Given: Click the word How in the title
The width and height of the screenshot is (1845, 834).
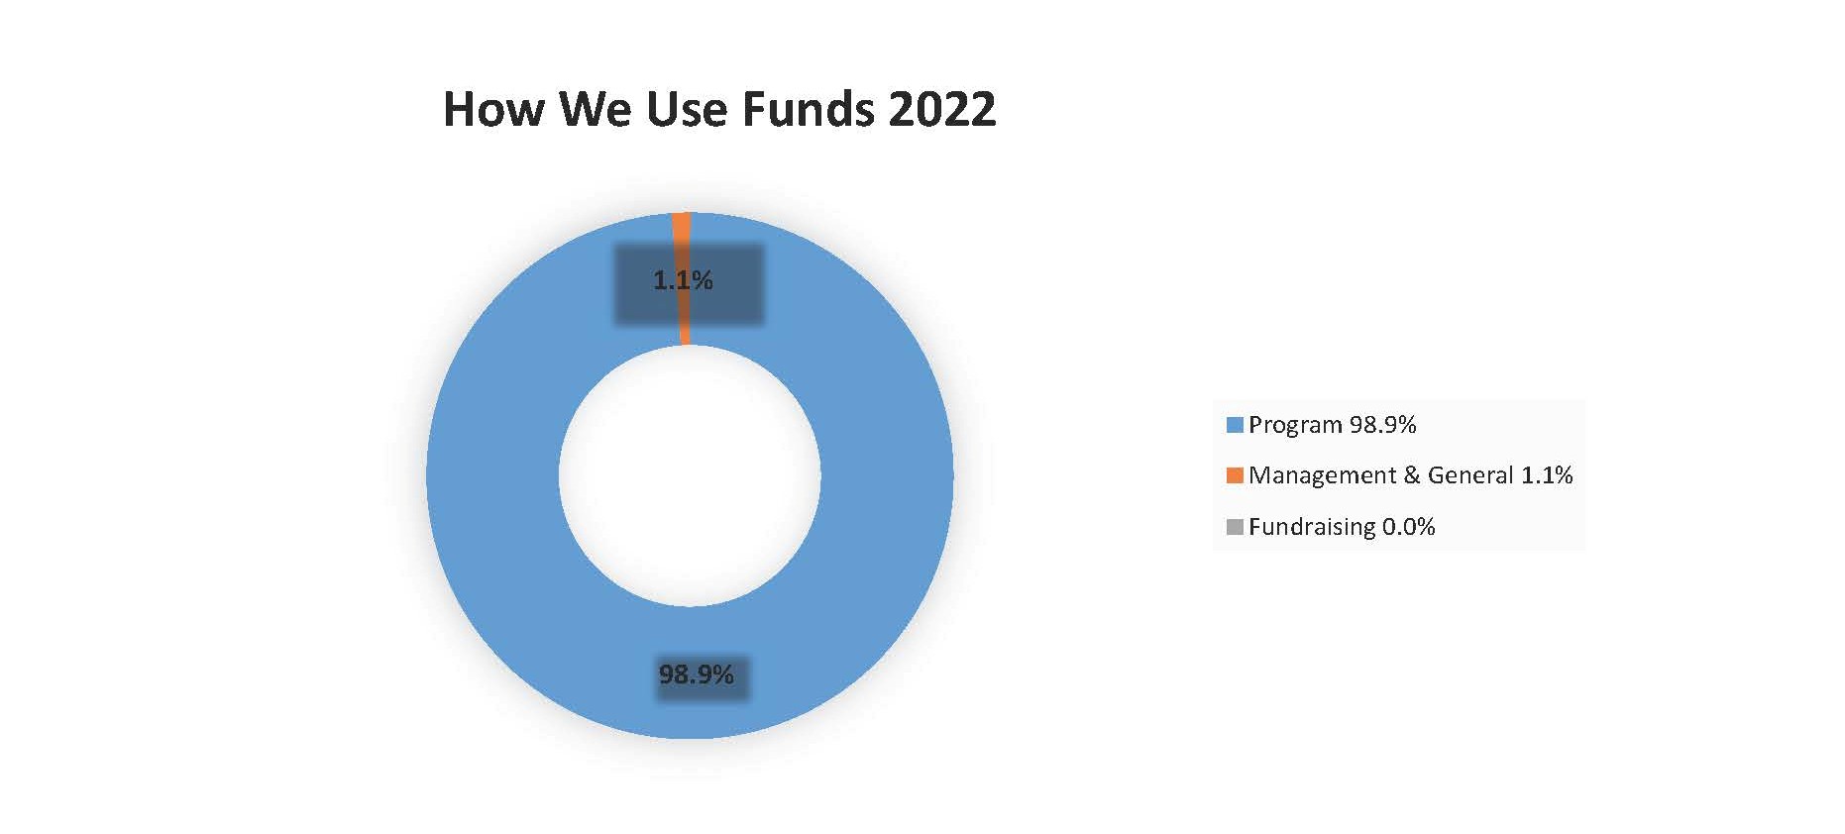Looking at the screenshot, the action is point(493,109).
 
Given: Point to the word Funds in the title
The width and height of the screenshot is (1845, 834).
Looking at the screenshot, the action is point(809,109).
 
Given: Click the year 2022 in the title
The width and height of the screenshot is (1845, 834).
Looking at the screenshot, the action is point(942,109).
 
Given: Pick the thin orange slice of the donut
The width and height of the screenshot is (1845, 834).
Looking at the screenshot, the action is point(682,278).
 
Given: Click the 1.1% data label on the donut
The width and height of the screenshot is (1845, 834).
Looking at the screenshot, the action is point(683,281).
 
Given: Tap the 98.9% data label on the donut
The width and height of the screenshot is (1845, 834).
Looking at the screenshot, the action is point(697,676).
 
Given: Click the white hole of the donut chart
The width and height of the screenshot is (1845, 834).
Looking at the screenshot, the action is point(690,475).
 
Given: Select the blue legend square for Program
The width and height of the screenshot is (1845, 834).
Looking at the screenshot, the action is point(1235,425).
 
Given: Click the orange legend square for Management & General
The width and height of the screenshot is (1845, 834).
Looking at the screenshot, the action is point(1235,475).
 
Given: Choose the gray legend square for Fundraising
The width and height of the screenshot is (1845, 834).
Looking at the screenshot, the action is point(1235,527).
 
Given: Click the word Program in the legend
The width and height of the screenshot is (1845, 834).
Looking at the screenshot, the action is point(1295,426).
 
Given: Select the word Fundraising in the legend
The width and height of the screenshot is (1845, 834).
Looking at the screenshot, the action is point(1312,528).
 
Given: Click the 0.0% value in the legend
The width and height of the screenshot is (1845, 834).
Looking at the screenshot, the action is point(1409,527).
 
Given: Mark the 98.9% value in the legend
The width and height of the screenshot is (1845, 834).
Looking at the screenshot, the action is point(1383,425).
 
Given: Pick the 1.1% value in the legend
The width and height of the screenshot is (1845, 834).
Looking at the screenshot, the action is point(1547,475).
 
